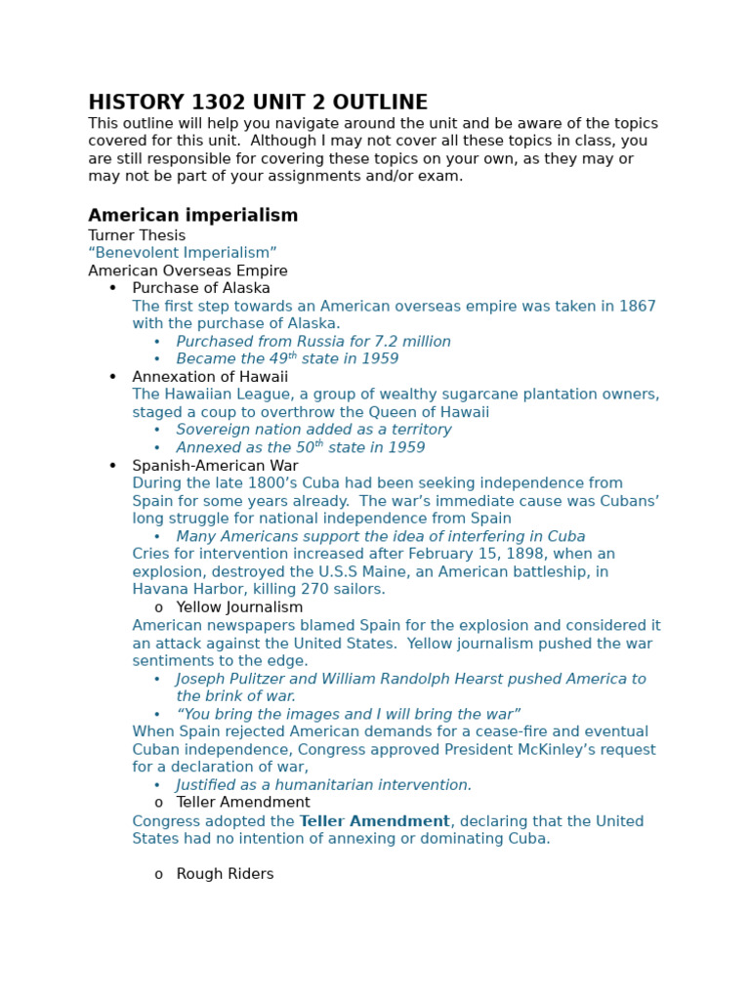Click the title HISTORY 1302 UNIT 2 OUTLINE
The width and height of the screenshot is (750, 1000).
pyautogui.click(x=258, y=103)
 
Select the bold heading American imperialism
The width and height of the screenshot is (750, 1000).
pyautogui.click(x=192, y=216)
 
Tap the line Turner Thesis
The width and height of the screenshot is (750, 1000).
pyautogui.click(x=137, y=235)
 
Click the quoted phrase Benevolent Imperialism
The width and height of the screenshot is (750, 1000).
pyautogui.click(x=183, y=253)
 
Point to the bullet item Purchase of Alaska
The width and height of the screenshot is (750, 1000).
pyautogui.click(x=201, y=288)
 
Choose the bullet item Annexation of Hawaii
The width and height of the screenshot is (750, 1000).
pyautogui.click(x=210, y=377)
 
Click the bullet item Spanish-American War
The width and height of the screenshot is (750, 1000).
pyautogui.click(x=215, y=466)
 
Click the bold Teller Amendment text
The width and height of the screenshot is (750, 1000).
pyautogui.click(x=375, y=821)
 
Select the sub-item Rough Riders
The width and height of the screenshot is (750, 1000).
pyautogui.click(x=225, y=874)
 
